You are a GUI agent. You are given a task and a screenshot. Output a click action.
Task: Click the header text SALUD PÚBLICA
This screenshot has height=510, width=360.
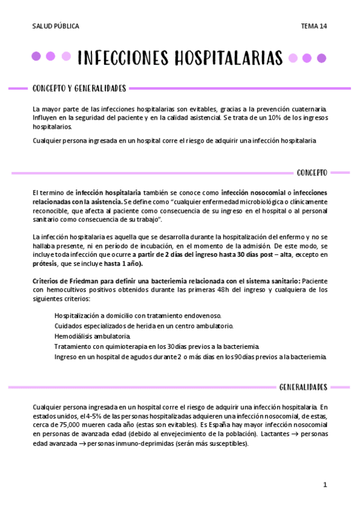tap(56, 26)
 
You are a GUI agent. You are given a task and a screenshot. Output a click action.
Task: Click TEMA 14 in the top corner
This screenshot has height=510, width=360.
tap(314, 26)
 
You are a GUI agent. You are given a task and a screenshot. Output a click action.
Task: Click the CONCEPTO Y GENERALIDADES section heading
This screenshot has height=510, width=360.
tap(79, 88)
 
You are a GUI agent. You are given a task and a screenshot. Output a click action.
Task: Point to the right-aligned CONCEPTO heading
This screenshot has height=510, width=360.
tap(312, 173)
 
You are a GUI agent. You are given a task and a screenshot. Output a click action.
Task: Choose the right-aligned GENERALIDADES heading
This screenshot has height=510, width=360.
tap(304, 386)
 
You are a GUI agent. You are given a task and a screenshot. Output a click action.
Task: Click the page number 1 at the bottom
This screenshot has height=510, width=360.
tap(325, 485)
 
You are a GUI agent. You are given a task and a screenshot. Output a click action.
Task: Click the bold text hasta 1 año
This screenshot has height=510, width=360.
tap(123, 263)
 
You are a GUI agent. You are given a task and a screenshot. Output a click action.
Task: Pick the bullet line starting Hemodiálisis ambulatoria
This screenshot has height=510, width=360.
tap(92, 336)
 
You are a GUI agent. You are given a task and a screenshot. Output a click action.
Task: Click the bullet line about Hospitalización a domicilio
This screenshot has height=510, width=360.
tap(138, 315)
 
